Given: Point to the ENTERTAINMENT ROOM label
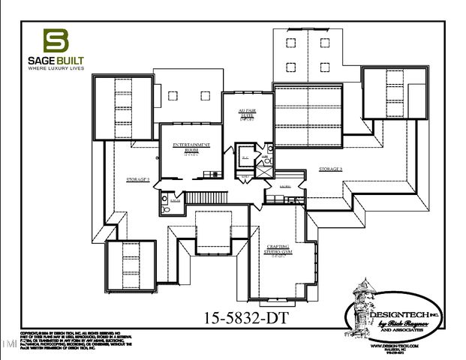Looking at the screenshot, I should tap(191, 148).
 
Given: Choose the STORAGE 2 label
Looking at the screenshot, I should tap(138, 180).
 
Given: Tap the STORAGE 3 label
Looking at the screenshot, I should tap(330, 169).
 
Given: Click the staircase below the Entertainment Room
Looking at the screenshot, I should tap(203, 197).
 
